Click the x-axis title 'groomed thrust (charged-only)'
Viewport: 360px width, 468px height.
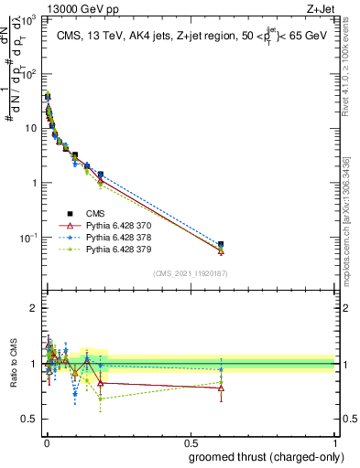[259, 457]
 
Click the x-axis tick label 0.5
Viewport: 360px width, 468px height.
[190, 441]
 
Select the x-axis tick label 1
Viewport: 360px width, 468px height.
[334, 441]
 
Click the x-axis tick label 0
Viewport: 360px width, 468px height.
[45, 441]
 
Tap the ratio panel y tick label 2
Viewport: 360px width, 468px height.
[34, 308]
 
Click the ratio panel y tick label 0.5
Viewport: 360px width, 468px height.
[29, 419]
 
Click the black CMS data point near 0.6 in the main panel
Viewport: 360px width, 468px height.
[221, 245]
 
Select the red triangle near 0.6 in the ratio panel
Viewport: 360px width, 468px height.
[221, 388]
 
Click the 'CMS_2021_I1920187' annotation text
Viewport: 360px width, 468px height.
[190, 272]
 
